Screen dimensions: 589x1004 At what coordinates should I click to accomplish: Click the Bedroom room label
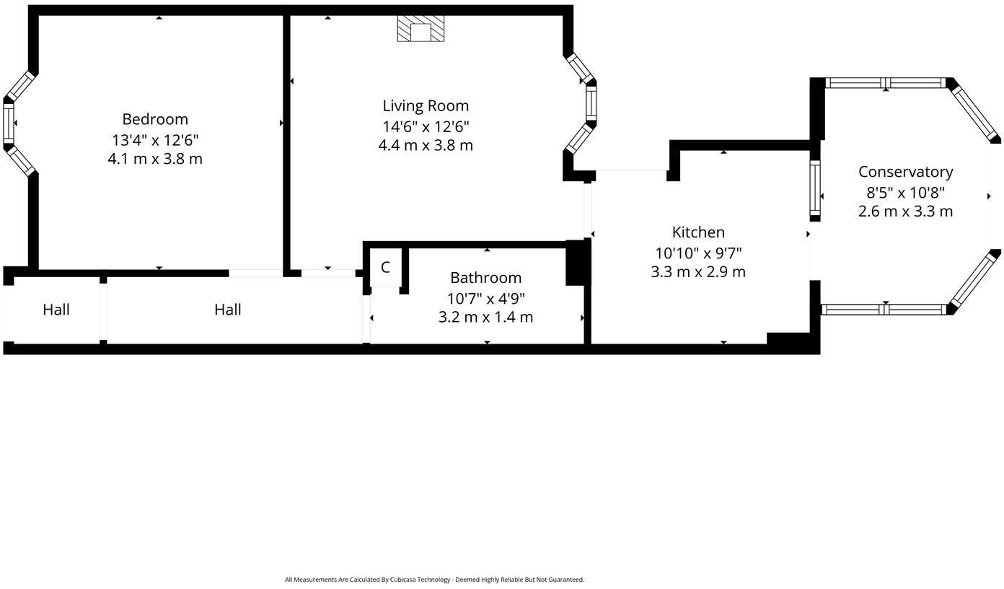tap(154, 119)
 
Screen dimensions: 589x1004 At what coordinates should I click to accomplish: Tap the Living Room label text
tap(426, 105)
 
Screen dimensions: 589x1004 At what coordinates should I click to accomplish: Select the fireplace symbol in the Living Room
tap(420, 29)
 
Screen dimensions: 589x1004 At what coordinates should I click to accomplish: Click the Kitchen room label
tap(698, 232)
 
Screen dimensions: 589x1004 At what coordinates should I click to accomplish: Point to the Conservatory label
tap(905, 172)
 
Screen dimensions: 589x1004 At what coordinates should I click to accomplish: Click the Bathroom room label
tap(485, 277)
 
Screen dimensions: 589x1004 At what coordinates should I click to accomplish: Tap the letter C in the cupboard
tap(385, 267)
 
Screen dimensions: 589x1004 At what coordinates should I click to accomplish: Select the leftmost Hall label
tap(56, 310)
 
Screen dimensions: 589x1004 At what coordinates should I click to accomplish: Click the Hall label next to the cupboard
tap(227, 310)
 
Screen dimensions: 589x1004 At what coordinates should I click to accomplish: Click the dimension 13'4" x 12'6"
tap(154, 139)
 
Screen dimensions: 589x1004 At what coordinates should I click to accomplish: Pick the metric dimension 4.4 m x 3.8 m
tap(426, 145)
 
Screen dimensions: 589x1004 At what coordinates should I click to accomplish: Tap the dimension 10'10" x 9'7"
tap(698, 253)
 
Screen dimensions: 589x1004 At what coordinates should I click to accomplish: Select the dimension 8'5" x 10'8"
tap(905, 192)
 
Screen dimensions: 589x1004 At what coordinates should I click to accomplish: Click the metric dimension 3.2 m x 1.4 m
tap(485, 317)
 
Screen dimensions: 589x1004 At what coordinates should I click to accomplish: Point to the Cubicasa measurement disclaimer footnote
tap(434, 579)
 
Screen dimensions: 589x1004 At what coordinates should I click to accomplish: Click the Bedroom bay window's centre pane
tap(9, 123)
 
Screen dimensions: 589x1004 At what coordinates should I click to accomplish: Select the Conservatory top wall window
tap(885, 83)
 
